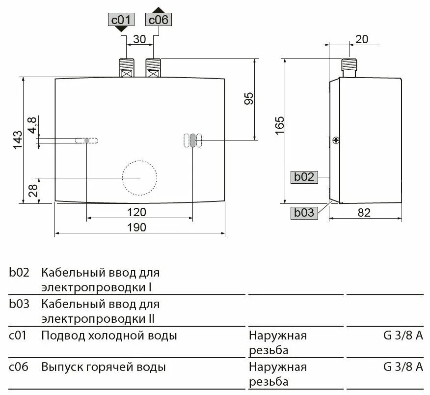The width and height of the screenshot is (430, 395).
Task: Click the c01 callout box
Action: (x=120, y=20)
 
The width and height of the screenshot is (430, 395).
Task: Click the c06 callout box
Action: (x=158, y=20)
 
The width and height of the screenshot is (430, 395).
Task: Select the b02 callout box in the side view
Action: (x=304, y=177)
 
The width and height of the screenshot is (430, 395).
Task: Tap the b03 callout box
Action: (x=304, y=212)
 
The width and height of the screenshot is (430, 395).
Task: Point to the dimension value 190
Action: (x=137, y=227)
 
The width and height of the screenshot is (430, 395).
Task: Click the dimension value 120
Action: (x=137, y=212)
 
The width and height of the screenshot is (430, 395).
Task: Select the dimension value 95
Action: (x=249, y=98)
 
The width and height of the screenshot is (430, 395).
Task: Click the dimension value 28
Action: (x=33, y=190)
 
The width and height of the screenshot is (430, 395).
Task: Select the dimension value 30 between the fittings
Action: (x=140, y=39)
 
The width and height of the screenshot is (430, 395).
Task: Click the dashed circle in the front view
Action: (x=139, y=177)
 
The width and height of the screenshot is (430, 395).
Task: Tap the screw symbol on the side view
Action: (x=336, y=140)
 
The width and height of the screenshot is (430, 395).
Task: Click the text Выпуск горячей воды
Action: (x=104, y=367)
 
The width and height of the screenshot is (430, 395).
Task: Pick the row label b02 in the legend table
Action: (x=19, y=273)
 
